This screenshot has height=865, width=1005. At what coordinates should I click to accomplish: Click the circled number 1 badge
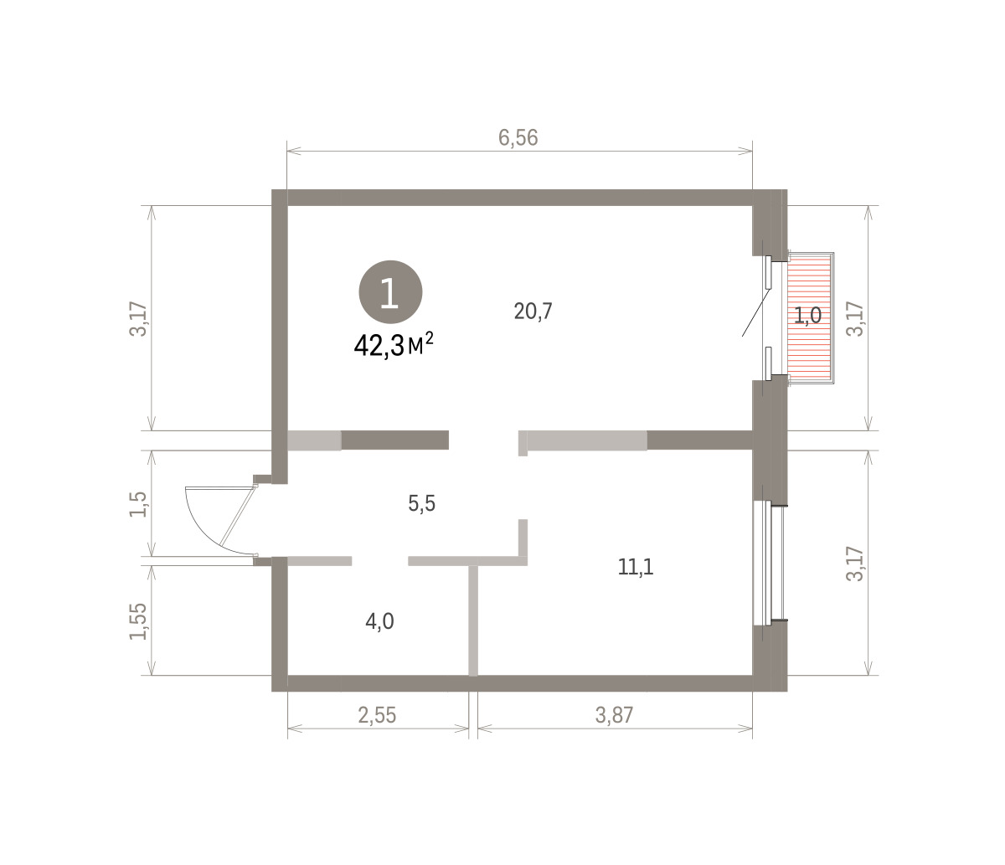[390, 291]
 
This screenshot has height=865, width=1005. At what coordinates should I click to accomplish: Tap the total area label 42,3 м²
[394, 345]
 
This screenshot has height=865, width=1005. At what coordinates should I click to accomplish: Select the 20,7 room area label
[533, 312]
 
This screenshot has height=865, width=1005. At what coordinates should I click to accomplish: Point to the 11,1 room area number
[636, 567]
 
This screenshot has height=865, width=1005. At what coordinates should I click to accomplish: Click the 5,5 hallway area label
[421, 504]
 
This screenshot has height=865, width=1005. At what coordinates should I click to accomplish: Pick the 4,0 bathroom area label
[379, 621]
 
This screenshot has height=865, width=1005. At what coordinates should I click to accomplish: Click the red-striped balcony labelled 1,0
[810, 317]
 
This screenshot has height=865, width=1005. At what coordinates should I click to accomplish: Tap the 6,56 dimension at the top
[518, 137]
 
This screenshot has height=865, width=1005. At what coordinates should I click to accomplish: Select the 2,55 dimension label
[377, 715]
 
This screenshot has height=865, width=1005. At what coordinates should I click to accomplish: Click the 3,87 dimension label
[614, 715]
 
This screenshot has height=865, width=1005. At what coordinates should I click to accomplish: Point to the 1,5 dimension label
[137, 504]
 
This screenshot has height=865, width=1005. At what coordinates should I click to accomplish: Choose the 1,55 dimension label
[137, 621]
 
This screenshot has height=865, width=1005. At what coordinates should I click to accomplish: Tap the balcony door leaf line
[755, 312]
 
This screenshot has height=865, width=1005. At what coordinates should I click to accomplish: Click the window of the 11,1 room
[769, 564]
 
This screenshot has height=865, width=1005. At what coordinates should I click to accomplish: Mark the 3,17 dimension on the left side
[137, 319]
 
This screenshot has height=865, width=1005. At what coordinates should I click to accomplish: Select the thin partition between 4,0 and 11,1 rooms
[473, 620]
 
